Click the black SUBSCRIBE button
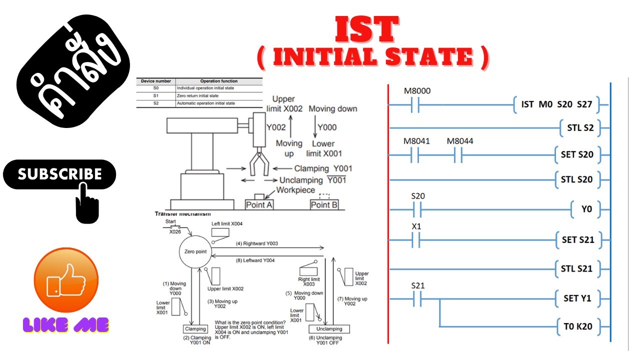point(59,174)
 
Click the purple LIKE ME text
point(66,325)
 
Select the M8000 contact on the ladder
point(417,105)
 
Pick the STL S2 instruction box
point(580,127)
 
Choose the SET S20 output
point(577,154)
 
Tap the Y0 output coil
point(586,209)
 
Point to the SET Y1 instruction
point(577,298)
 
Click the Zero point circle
point(195,251)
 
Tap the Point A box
point(259,204)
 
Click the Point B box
point(323,204)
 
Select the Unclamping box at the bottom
point(329,329)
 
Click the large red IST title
point(366,30)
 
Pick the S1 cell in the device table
point(155,95)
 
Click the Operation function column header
point(218,81)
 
